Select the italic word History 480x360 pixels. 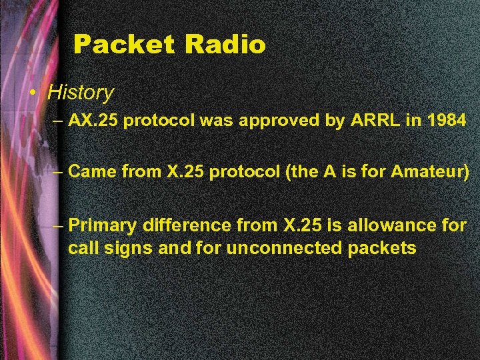(81, 92)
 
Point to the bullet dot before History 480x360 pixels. (33, 93)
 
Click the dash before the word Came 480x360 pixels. (58, 171)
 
